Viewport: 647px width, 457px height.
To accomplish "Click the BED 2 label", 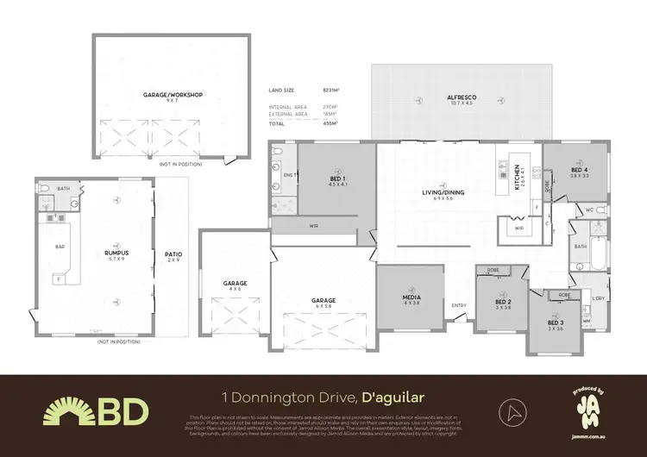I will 503,301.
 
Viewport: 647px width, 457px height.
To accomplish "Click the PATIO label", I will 173,254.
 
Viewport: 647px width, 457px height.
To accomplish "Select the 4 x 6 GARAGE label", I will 236,283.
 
